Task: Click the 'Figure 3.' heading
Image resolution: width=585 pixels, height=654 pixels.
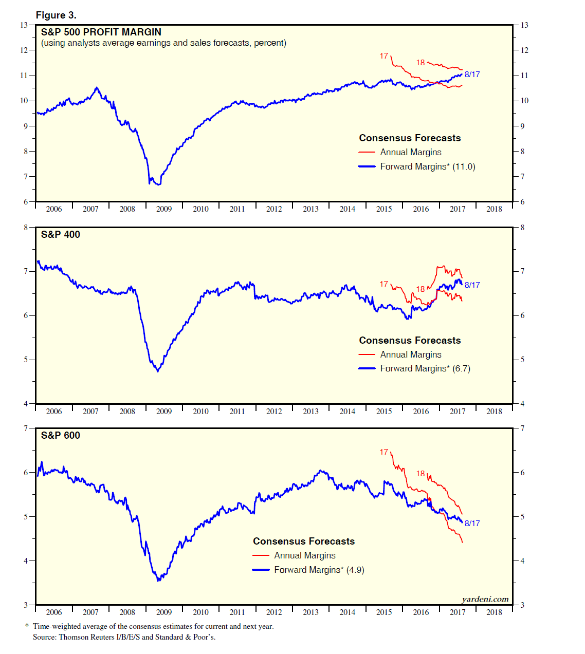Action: coord(56,15)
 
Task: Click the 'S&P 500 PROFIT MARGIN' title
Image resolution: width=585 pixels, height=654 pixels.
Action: coord(101,32)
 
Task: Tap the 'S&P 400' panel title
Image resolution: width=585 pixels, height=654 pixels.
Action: coord(61,235)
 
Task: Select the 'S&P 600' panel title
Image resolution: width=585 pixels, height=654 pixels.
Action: coord(61,436)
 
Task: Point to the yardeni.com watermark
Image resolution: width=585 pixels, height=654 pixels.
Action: coord(485,599)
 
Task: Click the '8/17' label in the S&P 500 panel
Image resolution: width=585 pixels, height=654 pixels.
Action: coord(472,74)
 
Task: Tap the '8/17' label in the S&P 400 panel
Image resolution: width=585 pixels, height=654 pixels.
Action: coord(472,285)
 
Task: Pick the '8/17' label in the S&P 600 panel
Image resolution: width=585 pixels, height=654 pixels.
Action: coord(472,523)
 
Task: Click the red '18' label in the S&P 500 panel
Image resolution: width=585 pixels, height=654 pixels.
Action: coord(421,63)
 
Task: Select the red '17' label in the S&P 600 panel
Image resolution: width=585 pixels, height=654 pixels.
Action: coord(384,452)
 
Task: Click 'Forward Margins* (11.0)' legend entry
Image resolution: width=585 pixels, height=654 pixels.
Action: coord(427,166)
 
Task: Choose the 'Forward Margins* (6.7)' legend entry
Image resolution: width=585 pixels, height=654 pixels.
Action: coord(425,368)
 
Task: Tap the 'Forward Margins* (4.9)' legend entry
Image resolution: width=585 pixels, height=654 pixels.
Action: coord(319,570)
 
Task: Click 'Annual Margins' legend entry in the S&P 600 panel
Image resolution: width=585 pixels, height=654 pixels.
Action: coord(304,555)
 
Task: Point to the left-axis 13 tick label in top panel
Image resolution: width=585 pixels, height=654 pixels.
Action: coord(24,25)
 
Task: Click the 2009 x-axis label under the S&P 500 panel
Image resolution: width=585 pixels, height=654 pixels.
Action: coord(164,209)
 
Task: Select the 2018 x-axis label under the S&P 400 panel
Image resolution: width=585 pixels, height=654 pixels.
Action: coord(494,411)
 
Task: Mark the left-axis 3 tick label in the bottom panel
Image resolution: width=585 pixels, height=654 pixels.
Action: coord(26,605)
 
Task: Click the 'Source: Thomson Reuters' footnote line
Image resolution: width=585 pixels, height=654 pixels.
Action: coord(124,637)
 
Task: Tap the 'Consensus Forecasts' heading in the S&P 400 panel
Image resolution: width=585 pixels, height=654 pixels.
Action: coord(410,341)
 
